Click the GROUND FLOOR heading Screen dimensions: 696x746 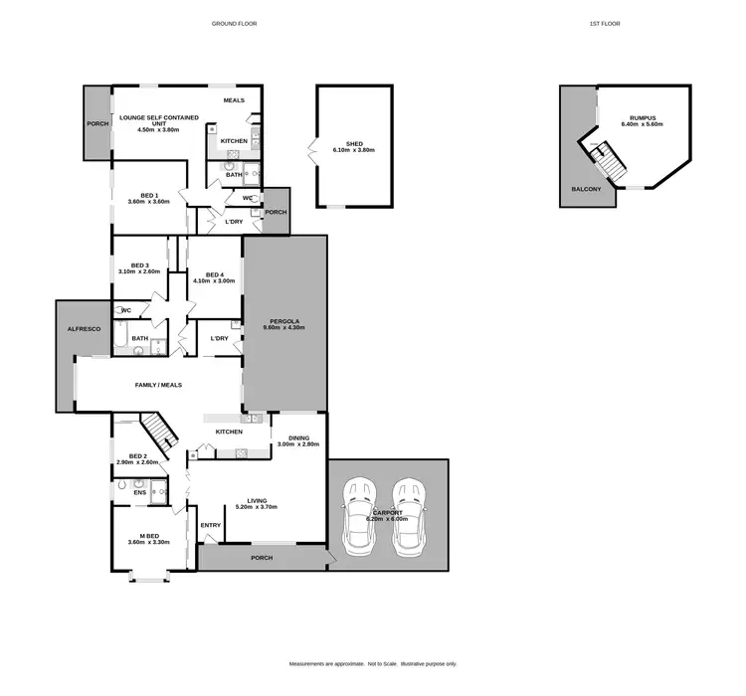point(235,23)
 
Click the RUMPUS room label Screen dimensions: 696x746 point(642,120)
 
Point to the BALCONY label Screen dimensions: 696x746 point(585,189)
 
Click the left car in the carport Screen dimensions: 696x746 point(358,516)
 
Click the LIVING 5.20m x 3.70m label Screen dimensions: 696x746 point(256,504)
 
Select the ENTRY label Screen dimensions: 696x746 point(211,525)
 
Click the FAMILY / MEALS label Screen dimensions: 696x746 point(158,385)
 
